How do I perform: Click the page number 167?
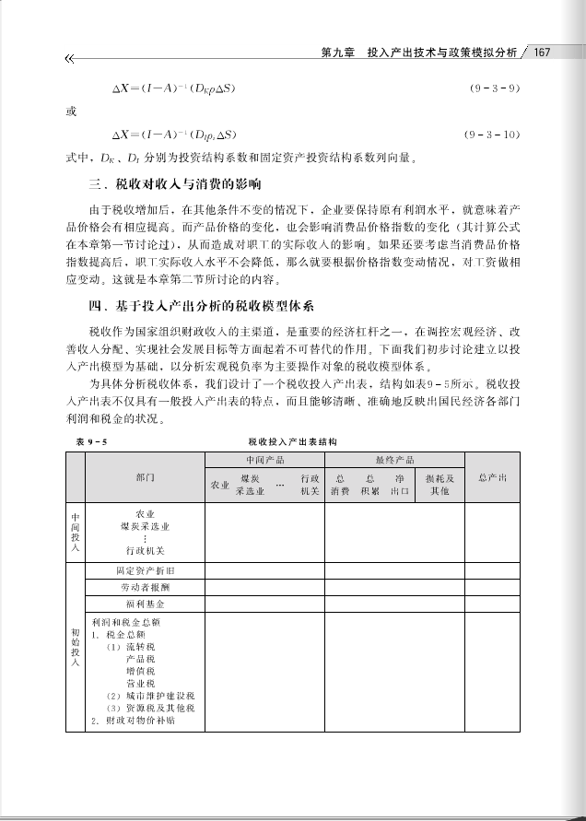541,53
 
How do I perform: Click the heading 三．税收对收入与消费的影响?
175,184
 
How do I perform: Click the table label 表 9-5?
92,443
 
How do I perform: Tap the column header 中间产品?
264,459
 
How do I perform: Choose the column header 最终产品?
394,459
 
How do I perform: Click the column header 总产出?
500,477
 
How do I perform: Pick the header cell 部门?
145,477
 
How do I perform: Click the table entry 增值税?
140,672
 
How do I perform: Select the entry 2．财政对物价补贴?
134,721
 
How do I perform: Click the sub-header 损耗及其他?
439,485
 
